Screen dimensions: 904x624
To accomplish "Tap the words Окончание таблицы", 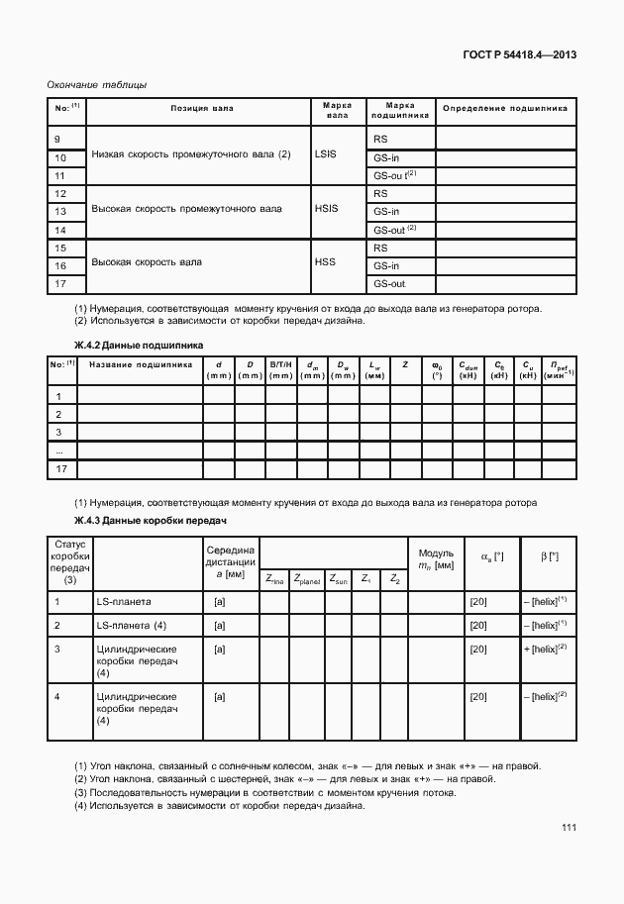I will tap(97, 85).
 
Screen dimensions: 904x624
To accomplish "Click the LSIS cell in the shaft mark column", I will tap(326, 154).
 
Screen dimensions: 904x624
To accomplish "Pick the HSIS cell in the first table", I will tap(326, 209).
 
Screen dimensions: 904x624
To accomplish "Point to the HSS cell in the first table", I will tap(326, 263).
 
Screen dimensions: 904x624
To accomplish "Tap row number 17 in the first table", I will tap(59, 284).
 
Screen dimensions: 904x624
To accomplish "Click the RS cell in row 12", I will tap(379, 193).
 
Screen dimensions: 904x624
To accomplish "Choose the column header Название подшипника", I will tap(140, 364).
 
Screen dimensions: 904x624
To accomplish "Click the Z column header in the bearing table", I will tap(405, 364).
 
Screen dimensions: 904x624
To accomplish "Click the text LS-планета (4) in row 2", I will tap(131, 626).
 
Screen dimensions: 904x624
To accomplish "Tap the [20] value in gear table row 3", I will tap(477, 650).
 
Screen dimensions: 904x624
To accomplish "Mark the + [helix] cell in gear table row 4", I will tap(543, 696).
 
